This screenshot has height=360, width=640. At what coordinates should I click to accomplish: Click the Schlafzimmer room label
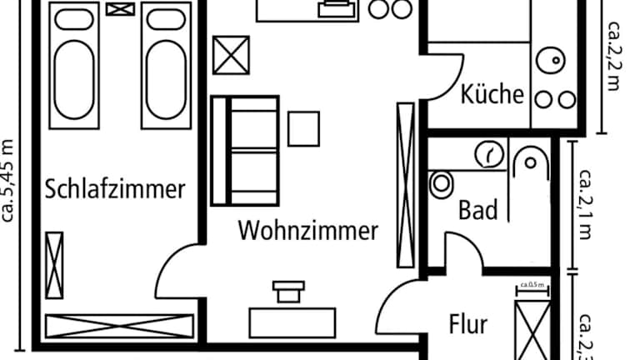tap(115, 189)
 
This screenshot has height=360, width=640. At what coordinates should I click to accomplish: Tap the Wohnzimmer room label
tap(308, 230)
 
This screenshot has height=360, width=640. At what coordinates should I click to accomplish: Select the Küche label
tap(492, 93)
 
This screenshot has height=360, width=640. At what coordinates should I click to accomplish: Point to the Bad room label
tap(478, 209)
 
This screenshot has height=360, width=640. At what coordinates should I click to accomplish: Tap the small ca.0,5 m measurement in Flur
tap(532, 286)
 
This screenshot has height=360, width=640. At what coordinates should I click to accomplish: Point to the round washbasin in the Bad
tap(489, 153)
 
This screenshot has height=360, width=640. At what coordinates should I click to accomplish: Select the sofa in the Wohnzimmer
tap(244, 151)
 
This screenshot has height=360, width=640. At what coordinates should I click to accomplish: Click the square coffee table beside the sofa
tap(303, 128)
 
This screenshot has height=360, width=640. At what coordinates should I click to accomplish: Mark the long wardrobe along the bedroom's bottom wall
tap(119, 327)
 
